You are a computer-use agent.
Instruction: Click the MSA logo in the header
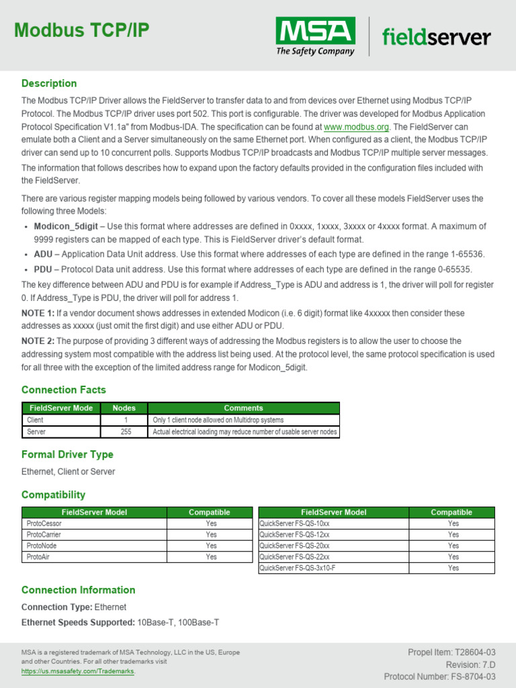click(x=315, y=36)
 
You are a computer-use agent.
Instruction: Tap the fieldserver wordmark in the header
click(x=436, y=36)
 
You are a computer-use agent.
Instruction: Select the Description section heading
click(x=49, y=83)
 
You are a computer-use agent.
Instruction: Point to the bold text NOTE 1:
click(x=38, y=314)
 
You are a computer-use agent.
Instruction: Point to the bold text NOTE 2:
click(x=38, y=341)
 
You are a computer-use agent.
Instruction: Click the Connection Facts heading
click(x=64, y=390)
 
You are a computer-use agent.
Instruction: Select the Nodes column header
click(x=124, y=408)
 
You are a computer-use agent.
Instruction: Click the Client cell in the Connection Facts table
click(x=36, y=420)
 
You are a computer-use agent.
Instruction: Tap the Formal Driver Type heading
click(x=67, y=455)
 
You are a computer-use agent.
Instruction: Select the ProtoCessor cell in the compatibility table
click(x=44, y=523)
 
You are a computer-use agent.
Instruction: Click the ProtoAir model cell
click(x=38, y=557)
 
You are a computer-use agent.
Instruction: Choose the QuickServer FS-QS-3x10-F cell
click(x=297, y=568)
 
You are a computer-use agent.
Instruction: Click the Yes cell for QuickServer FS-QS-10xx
click(x=454, y=523)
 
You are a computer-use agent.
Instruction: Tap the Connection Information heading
click(x=78, y=590)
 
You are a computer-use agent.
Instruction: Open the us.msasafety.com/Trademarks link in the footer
click(x=78, y=671)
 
